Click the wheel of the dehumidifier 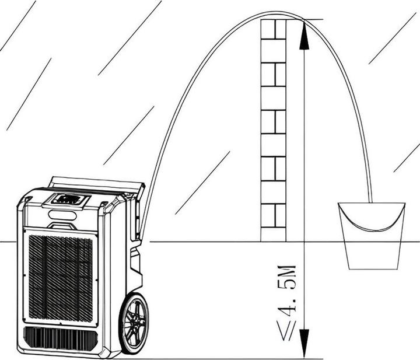(134, 324)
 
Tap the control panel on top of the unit (67, 200)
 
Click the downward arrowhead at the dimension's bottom (304, 344)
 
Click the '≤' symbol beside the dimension (288, 331)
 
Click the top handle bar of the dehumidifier (98, 184)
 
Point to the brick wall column (274, 131)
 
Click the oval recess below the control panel (62, 215)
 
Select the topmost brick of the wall (274, 29)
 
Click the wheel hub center (134, 324)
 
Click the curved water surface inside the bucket (372, 223)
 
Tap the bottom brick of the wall (274, 235)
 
